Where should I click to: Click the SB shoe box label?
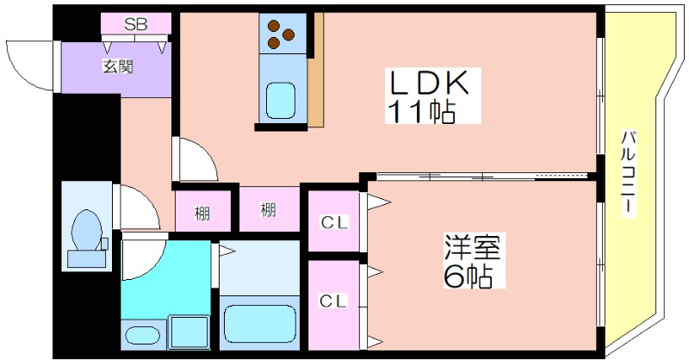[x=135, y=24]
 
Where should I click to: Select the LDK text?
[x=429, y=84]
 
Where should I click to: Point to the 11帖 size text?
[x=420, y=111]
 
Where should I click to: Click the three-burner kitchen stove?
[x=281, y=34]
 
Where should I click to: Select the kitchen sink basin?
[x=281, y=101]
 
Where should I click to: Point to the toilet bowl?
[x=86, y=230]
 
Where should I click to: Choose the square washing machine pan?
[x=188, y=332]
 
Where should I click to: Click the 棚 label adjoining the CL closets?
[x=268, y=209]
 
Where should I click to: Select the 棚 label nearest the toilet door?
[x=202, y=212]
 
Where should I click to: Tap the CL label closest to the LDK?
[x=334, y=223]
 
